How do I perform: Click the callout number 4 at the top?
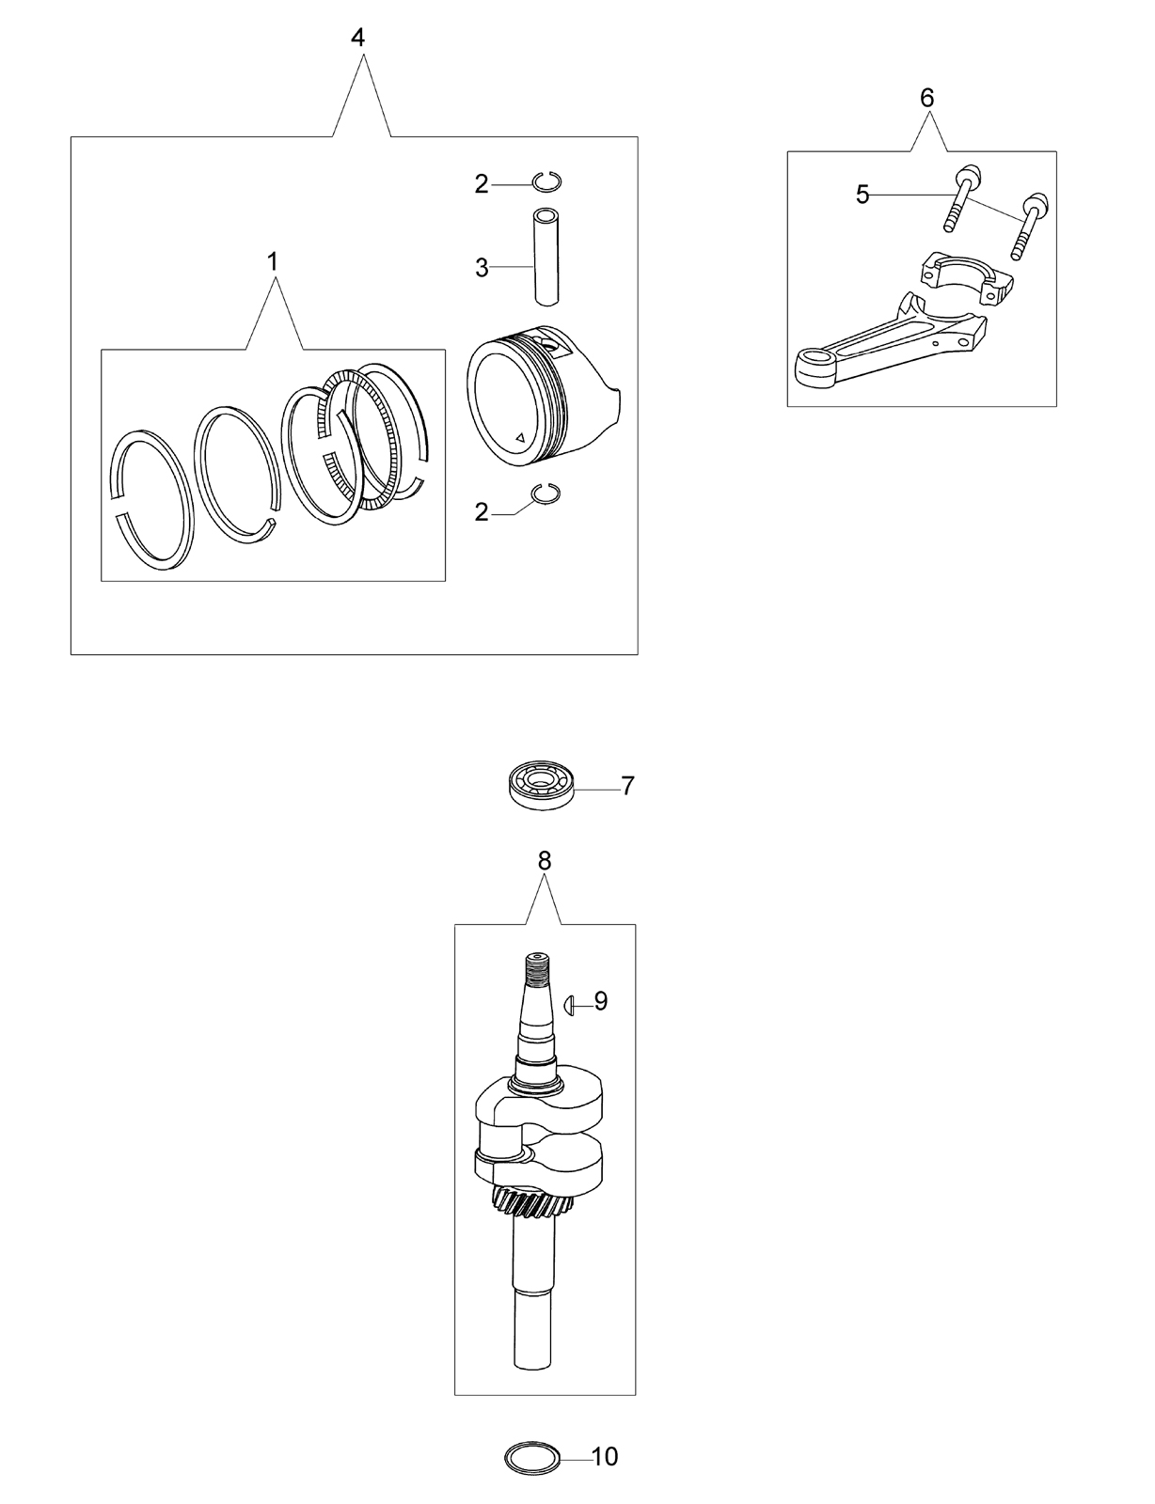click(357, 38)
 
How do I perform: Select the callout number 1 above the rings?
click(273, 261)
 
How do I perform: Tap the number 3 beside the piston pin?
click(482, 268)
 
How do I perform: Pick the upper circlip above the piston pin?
click(547, 181)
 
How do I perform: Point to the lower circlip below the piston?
click(546, 494)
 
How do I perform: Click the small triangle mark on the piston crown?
click(520, 437)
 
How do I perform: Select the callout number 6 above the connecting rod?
click(927, 98)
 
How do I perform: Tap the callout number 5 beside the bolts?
click(862, 196)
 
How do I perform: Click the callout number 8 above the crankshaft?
click(545, 861)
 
